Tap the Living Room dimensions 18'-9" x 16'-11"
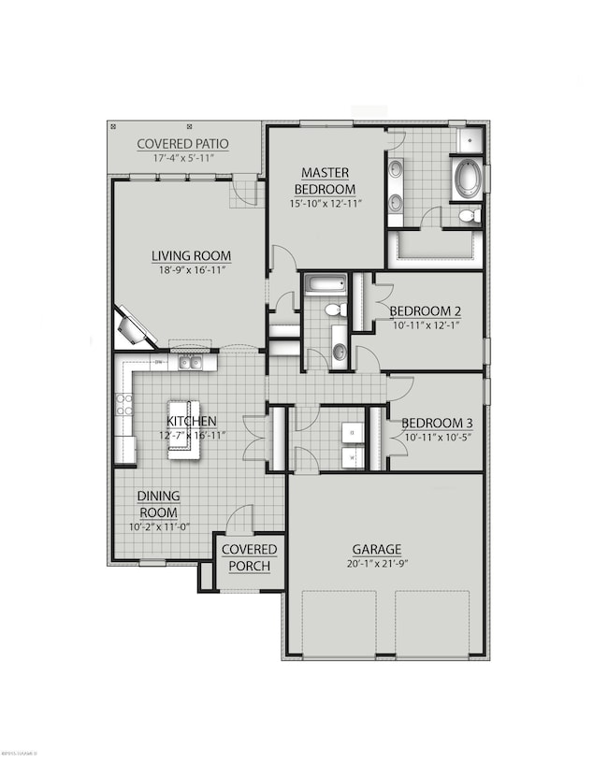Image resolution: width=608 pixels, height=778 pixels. [x=192, y=270]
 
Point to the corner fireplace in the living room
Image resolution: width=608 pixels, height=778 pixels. [x=132, y=328]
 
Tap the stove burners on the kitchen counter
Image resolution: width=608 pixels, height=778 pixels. [x=123, y=404]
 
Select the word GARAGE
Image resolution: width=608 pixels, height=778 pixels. [x=377, y=549]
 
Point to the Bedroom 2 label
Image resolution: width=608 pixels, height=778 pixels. [x=425, y=311]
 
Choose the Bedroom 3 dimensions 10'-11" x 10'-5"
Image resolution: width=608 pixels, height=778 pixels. [x=436, y=438]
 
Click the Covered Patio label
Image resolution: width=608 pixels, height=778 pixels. [x=183, y=143]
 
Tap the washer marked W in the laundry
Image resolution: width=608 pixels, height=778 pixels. [x=353, y=457]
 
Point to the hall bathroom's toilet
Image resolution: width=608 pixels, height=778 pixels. [x=333, y=310]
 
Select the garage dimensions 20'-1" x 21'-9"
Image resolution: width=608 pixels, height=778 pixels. [x=377, y=564]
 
